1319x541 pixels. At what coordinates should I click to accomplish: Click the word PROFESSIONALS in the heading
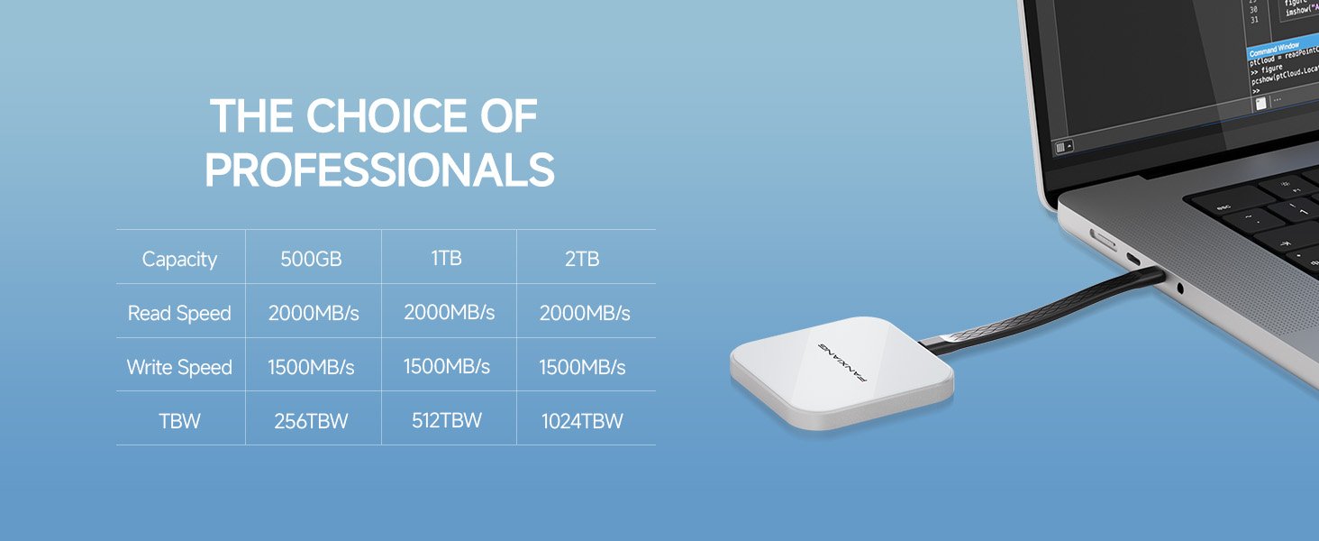(379, 170)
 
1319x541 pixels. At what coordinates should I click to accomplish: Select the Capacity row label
(179, 260)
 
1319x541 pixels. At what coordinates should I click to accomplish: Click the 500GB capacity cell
(311, 260)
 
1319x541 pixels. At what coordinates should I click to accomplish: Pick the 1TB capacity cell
(446, 258)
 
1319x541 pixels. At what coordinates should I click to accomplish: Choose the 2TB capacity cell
(582, 260)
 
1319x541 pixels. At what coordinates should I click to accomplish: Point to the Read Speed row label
(179, 314)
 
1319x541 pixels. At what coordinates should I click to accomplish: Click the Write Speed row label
(179, 368)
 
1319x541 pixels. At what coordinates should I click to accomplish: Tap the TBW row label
(179, 421)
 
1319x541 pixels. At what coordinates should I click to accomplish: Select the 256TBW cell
(311, 421)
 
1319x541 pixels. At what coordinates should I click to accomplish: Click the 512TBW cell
(446, 420)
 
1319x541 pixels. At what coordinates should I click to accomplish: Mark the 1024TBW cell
(582, 421)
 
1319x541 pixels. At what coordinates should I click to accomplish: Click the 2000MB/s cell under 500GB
(314, 314)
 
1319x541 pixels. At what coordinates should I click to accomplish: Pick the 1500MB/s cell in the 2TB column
(582, 368)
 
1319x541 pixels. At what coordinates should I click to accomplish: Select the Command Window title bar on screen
(1275, 46)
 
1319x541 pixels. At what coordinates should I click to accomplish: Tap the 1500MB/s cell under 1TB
(446, 367)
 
